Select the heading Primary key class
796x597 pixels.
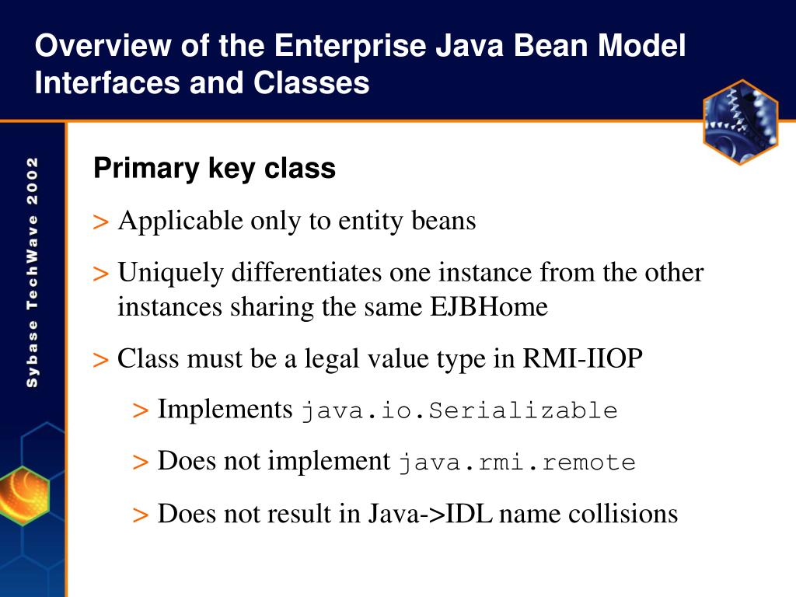pyautogui.click(x=215, y=168)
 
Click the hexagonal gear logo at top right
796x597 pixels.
pyautogui.click(x=740, y=122)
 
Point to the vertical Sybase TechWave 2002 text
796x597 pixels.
pyautogui.click(x=33, y=272)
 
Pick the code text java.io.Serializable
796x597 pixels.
pyautogui.click(x=459, y=410)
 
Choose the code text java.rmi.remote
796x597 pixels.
pyautogui.click(x=517, y=463)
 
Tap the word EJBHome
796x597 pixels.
pyautogui.click(x=489, y=307)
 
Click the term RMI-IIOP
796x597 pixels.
pyautogui.click(x=583, y=359)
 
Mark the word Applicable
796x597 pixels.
pyautogui.click(x=180, y=222)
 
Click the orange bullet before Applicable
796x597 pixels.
pyautogui.click(x=100, y=222)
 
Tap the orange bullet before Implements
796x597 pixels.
pyautogui.click(x=140, y=410)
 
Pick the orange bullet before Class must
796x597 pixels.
pyautogui.click(x=100, y=360)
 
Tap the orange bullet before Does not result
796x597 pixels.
pyautogui.click(x=140, y=515)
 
